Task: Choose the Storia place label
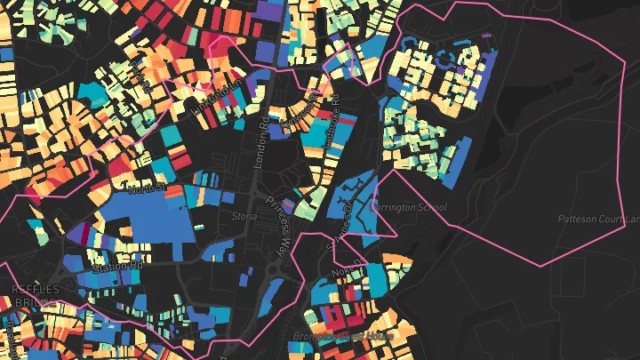click(x=244, y=216)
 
